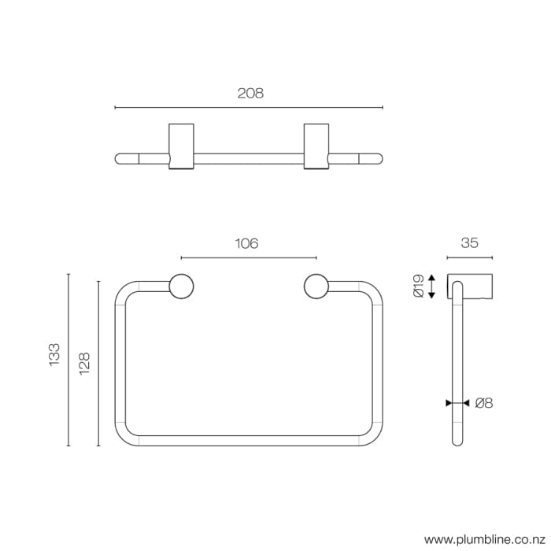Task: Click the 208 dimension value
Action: point(250,93)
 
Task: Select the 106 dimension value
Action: point(247,244)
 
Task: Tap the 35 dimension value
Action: point(469,243)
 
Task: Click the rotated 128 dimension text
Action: point(85,363)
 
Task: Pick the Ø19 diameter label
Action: point(418,286)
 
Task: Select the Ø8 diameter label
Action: point(483,403)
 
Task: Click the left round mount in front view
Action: point(181,287)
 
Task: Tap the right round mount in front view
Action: point(316,287)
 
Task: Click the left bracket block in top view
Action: point(181,145)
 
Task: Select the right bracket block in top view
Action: point(316,145)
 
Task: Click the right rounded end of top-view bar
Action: point(377,158)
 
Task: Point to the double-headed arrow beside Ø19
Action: point(431,286)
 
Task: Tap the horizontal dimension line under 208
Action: point(250,108)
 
